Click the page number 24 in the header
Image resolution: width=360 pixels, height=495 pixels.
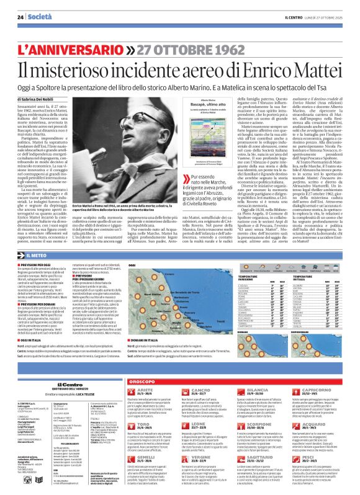(x=20, y=17)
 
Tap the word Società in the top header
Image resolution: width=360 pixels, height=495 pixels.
(x=40, y=17)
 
